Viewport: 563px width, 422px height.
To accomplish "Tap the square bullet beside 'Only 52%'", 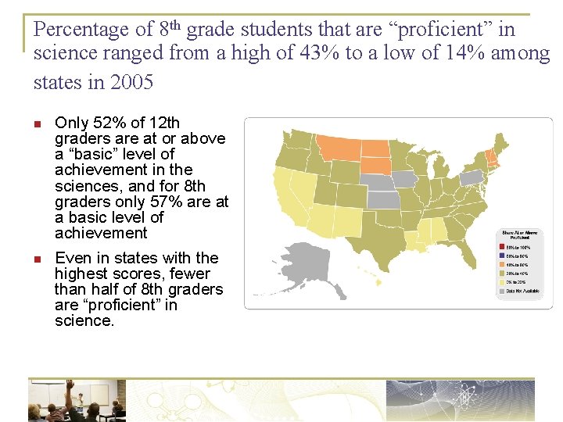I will point(38,123).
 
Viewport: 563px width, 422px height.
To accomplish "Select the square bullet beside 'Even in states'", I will point(38,259).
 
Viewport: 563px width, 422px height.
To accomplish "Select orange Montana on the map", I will point(334,145).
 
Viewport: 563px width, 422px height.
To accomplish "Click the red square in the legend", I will point(501,247).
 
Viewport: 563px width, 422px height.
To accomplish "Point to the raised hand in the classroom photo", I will point(70,384).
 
